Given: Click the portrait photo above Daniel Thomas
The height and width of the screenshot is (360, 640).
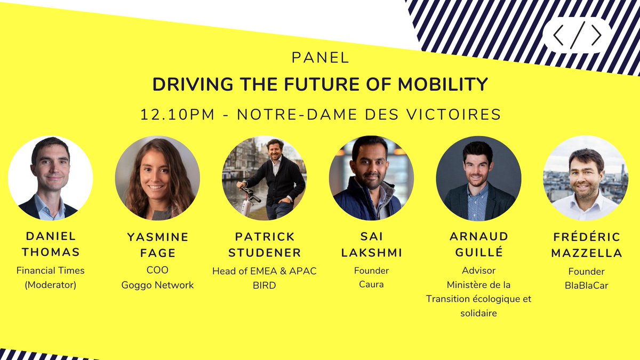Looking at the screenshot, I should (51, 178).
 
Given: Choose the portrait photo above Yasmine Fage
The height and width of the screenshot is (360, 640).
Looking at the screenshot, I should (157, 178).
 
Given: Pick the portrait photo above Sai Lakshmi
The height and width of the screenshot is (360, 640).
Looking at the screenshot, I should (371, 178).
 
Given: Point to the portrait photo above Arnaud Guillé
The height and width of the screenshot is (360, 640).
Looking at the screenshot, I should (478, 178).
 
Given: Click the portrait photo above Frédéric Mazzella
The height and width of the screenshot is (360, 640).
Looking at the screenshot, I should (586, 178).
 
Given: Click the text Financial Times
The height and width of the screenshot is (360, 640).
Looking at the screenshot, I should (51, 270).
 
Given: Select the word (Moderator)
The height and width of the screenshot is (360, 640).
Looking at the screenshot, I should (51, 285).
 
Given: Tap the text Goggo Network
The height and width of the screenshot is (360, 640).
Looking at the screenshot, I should (157, 285).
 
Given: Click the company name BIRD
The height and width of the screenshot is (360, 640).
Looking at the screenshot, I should (265, 285).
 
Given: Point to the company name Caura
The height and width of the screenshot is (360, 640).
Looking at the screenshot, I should (371, 285).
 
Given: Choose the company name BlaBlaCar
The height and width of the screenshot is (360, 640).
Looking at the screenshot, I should (586, 286).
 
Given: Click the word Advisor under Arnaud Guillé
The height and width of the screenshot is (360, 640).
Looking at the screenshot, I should (478, 270).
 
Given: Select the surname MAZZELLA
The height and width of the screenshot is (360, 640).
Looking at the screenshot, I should (586, 253).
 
